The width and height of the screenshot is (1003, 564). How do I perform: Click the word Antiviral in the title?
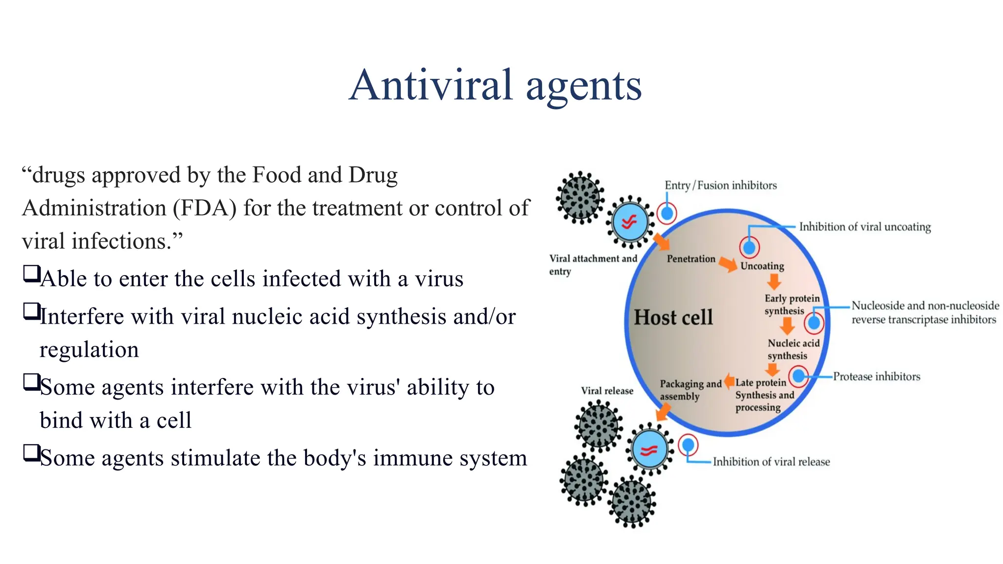(x=431, y=85)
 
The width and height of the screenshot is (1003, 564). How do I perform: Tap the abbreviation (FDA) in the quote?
(x=204, y=208)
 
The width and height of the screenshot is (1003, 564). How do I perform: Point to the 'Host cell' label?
(x=673, y=317)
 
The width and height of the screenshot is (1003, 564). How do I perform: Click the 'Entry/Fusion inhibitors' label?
(x=720, y=186)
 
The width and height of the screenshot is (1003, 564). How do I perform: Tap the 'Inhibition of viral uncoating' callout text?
(x=865, y=227)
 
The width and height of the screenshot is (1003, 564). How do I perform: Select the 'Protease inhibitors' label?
(x=877, y=376)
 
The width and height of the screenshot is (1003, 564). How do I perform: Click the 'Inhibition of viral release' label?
(x=771, y=462)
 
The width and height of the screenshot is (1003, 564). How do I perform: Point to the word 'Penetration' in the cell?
(x=691, y=258)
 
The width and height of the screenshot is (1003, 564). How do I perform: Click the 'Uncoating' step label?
(x=762, y=266)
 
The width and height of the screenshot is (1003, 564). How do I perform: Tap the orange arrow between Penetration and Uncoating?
(x=728, y=264)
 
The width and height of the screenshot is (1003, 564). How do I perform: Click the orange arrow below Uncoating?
(x=774, y=282)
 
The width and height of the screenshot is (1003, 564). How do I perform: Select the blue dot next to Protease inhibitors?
(x=799, y=376)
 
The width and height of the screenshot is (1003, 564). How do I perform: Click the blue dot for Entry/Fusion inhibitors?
(x=667, y=213)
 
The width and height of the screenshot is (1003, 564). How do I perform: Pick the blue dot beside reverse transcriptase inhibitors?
(x=814, y=323)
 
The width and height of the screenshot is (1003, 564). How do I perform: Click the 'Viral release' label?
(x=607, y=391)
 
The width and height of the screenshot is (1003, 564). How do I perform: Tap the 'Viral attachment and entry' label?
(x=593, y=264)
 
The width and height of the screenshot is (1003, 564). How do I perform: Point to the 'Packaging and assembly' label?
(x=690, y=390)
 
